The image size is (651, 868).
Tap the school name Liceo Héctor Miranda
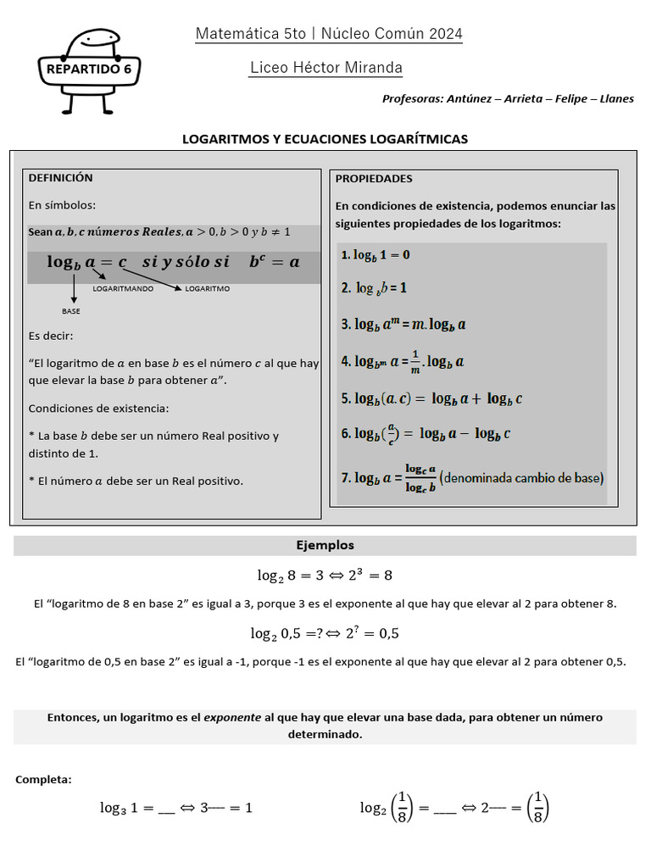326,68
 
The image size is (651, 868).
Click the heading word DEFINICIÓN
60,178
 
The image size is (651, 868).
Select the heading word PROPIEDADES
374,179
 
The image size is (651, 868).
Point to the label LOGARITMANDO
123,289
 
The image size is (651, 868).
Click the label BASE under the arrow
71,311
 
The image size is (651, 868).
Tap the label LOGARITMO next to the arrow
207,289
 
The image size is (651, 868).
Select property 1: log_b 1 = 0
376,255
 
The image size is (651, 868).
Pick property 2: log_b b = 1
374,288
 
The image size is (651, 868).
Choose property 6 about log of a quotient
426,434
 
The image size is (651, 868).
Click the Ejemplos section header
325,546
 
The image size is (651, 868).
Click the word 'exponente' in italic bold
231,717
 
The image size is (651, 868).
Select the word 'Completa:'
43,779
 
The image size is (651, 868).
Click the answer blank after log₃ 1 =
166,809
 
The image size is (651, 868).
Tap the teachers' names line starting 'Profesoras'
508,98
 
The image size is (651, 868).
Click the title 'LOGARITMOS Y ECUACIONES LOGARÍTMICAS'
325,139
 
